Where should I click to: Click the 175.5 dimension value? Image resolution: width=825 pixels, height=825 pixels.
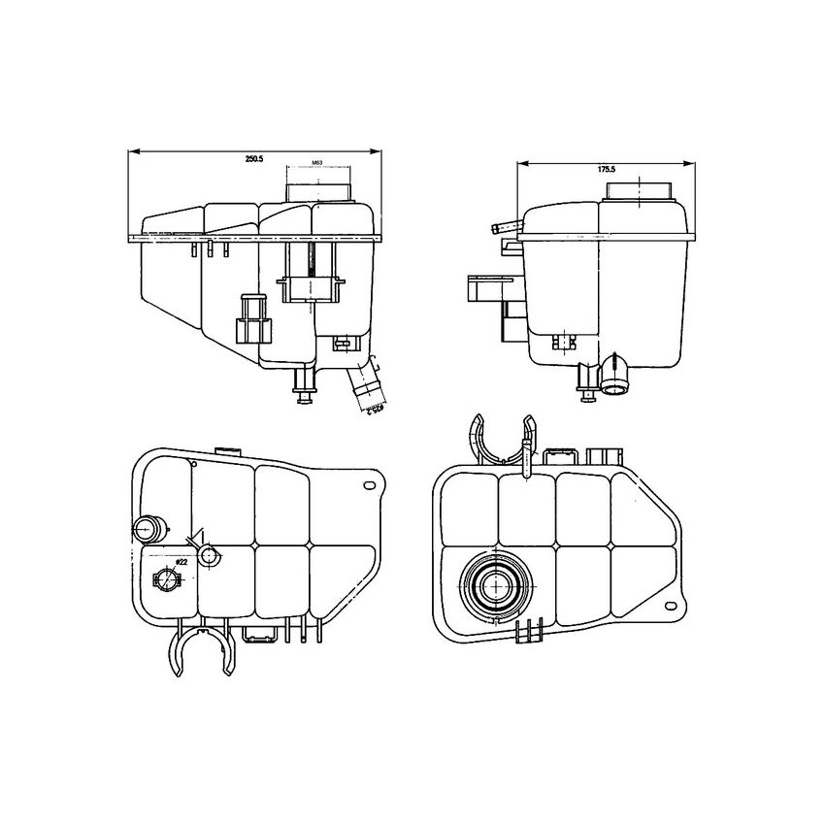pyautogui.click(x=607, y=169)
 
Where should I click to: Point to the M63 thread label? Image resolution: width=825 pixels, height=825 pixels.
pyautogui.click(x=316, y=162)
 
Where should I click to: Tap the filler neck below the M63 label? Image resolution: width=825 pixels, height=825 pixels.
pyautogui.click(x=316, y=184)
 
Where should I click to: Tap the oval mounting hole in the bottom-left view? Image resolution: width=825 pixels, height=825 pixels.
pyautogui.click(x=368, y=484)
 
